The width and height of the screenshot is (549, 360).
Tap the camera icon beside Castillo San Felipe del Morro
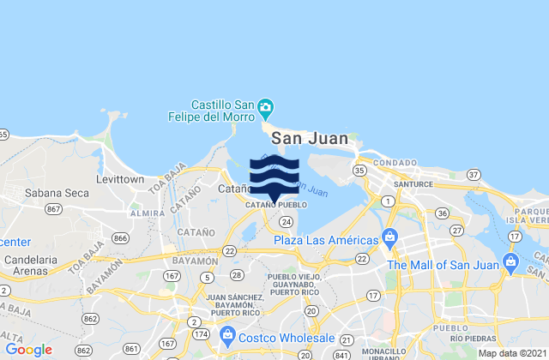pyautogui.click(x=266, y=108)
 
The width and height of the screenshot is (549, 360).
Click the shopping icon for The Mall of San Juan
pyautogui.click(x=511, y=261)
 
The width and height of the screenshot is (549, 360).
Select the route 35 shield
pyautogui.click(x=359, y=171)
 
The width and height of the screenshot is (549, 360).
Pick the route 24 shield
pyautogui.click(x=287, y=221)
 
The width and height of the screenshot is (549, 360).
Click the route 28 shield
pyautogui.click(x=237, y=274)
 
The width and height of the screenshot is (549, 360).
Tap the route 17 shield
pyautogui.click(x=372, y=296)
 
